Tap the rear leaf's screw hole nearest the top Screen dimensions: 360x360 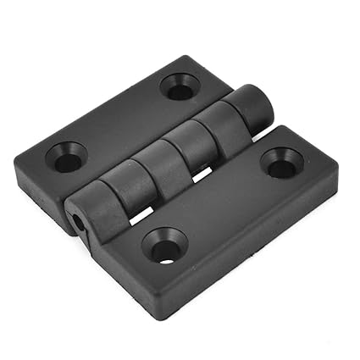point(180,86)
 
